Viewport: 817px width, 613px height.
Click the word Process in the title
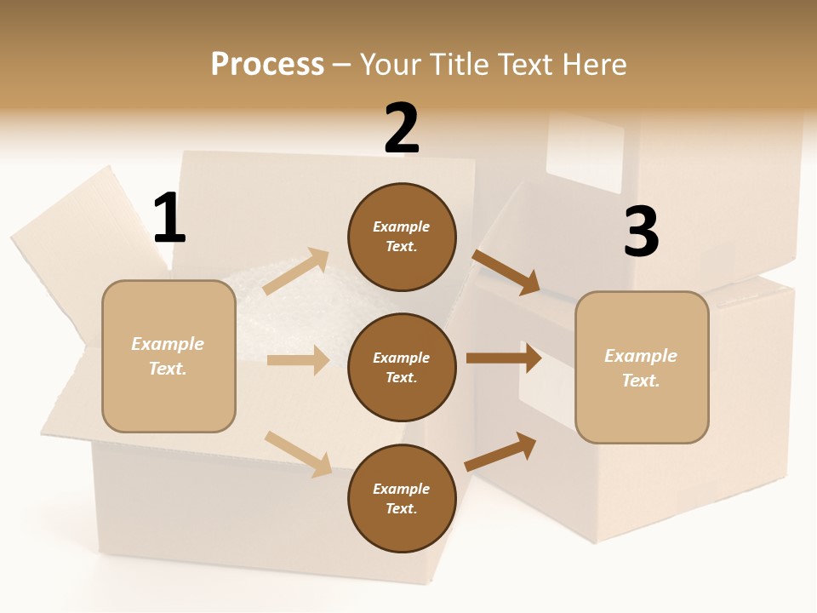(x=267, y=64)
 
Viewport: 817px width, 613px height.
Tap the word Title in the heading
(x=460, y=64)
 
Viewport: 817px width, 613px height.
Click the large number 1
(x=169, y=217)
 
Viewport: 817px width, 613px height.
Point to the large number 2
(x=402, y=128)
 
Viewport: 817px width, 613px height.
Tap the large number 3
(x=642, y=231)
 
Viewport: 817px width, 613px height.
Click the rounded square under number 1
(x=169, y=356)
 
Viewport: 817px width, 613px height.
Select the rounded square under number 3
(x=642, y=368)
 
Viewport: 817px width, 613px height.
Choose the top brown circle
(x=402, y=237)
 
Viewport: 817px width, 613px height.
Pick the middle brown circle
(x=402, y=368)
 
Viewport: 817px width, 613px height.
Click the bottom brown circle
(x=402, y=498)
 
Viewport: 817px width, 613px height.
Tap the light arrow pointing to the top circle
(x=295, y=271)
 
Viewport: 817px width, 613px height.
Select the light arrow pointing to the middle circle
(x=298, y=359)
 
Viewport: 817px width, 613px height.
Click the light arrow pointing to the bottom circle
(x=299, y=454)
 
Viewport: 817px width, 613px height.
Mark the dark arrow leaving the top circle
(x=506, y=272)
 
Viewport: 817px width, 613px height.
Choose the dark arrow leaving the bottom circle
(x=500, y=451)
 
